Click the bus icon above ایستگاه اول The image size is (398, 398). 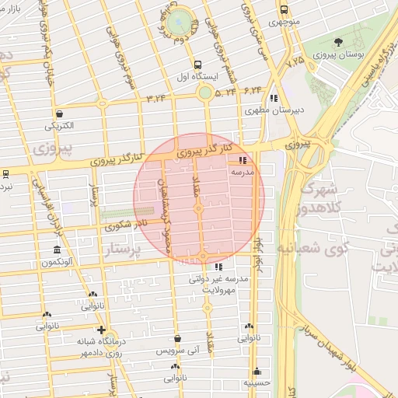pyautogui.click(x=200, y=65)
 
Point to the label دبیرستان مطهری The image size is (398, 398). pyautogui.click(x=274, y=110)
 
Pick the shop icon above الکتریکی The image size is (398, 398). pyautogui.click(x=60, y=113)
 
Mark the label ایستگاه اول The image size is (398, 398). pyautogui.click(x=200, y=78)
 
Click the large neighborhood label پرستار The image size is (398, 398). pyautogui.click(x=124, y=250)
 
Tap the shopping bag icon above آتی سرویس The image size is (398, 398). pyautogui.click(x=180, y=339)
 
